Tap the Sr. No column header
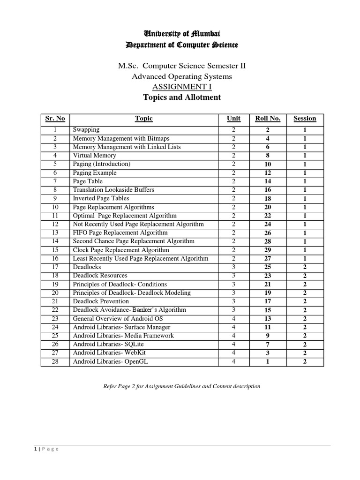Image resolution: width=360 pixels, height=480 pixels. coord(55,119)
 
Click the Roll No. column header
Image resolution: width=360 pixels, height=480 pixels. coord(268,119)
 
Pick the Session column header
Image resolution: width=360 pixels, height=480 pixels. coord(305,119)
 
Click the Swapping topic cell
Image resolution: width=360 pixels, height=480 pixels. coord(86,130)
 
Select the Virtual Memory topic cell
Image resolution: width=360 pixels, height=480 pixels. coord(94,156)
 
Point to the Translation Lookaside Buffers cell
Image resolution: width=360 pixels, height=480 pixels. coord(113,190)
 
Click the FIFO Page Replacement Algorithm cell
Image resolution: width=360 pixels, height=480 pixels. coord(120,233)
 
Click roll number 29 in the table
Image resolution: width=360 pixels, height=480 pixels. coord(268,250)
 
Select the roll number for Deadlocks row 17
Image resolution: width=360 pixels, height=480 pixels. coord(268,267)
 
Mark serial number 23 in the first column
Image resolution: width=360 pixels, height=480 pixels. coord(55,319)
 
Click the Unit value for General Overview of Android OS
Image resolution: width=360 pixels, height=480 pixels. coord(233,319)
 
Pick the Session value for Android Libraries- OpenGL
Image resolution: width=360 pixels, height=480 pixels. coord(305,362)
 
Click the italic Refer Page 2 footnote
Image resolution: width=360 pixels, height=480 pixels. coord(181,387)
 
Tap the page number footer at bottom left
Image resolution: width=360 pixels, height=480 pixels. coord(46,449)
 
